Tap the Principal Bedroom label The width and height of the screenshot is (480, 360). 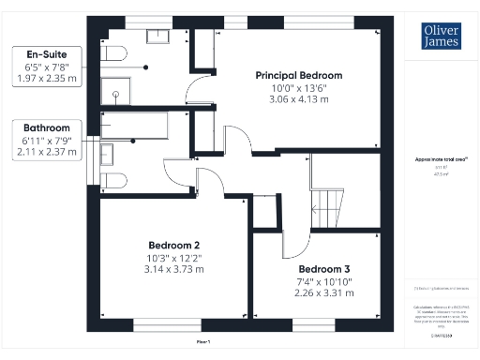[x=299, y=75]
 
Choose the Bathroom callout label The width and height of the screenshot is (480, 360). [x=47, y=127]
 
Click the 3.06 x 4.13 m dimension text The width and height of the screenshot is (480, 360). [x=299, y=98]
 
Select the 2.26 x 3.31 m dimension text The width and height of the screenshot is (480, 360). [x=313, y=292]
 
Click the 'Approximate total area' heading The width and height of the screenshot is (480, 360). [x=437, y=161]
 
